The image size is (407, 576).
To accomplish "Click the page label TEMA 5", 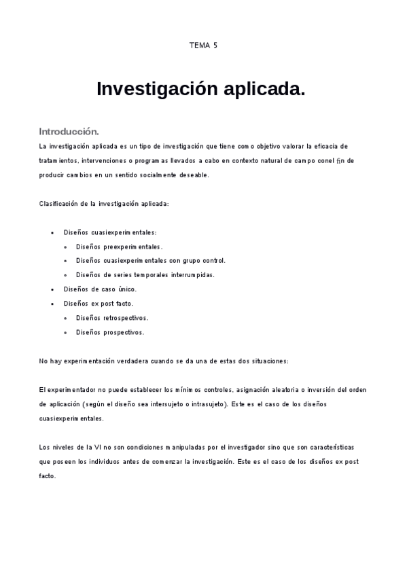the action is tap(203, 46).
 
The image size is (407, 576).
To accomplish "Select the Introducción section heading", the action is tap(69, 131).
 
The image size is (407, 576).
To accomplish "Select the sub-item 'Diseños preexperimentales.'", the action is tap(119, 247).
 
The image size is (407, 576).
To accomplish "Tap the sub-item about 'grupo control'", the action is tap(150, 260).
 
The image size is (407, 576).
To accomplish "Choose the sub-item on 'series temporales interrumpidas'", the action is tap(145, 275).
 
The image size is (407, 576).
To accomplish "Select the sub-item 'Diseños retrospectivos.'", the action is tap(112, 318).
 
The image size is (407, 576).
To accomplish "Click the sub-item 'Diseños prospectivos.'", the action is tap(110, 332).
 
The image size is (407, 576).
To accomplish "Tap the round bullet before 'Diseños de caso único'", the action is tap(53, 289).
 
